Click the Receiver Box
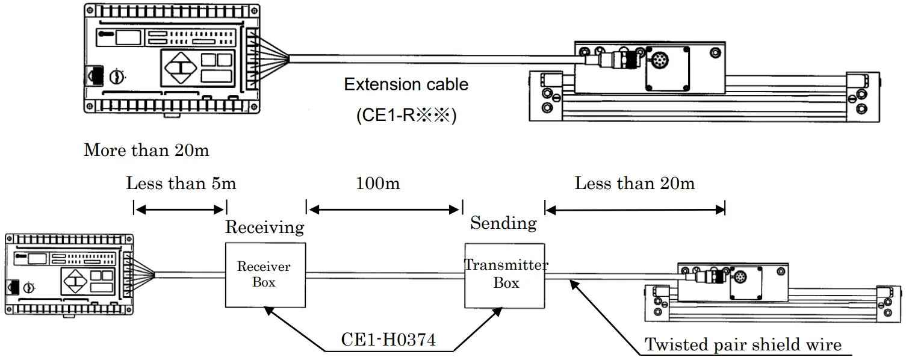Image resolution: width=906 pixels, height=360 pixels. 265,275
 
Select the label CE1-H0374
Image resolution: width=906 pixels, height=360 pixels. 388,341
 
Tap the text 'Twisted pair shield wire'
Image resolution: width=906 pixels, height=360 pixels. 743,345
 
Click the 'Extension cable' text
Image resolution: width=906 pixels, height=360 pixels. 406,85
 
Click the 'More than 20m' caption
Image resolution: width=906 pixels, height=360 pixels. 146,150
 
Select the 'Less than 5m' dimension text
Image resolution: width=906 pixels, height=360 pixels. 181,183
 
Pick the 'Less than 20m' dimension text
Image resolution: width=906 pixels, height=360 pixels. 635,183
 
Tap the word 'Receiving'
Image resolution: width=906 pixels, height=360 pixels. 265,228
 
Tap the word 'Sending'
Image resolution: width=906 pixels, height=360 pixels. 503,223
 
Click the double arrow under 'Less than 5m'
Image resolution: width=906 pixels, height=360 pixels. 179,209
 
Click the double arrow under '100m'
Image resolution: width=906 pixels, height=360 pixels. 384,209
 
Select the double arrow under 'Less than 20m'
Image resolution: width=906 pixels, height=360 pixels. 635,209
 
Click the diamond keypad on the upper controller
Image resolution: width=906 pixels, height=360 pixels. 179,67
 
